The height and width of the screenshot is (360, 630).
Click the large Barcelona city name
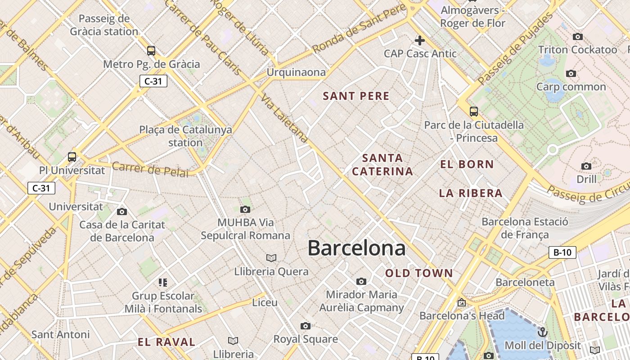[356, 248]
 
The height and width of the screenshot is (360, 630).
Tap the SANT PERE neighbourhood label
[356, 96]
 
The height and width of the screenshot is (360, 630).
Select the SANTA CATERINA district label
[382, 165]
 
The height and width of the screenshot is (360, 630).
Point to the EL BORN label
[467, 164]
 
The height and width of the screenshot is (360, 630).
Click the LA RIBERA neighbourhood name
[471, 193]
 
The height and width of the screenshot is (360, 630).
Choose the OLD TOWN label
[419, 273]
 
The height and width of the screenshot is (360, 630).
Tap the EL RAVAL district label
[166, 342]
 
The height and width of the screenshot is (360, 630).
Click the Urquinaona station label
[296, 72]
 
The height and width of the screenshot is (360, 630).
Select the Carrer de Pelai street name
[150, 169]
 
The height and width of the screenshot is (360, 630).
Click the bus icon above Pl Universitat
[72, 157]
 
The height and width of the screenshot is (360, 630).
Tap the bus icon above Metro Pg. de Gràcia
[151, 50]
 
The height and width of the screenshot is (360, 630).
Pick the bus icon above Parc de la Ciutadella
[473, 111]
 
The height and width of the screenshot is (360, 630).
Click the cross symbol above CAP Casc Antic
[420, 40]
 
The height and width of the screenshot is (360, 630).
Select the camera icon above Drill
[586, 166]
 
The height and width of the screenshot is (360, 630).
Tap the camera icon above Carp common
[571, 73]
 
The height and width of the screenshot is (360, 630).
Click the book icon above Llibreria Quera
[271, 258]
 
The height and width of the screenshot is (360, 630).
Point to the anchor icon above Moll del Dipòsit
[543, 332]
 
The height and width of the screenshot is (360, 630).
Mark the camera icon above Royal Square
[306, 326]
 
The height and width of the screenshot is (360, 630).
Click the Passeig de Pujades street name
[516, 49]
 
